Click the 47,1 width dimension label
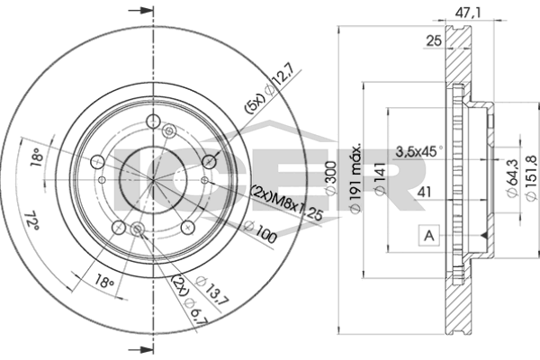(468, 13)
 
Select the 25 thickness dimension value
(434, 41)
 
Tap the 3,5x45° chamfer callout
(418, 151)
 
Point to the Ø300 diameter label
(330, 178)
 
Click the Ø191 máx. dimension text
(355, 177)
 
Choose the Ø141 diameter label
(380, 178)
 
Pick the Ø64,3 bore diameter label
(512, 178)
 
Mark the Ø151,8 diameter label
(531, 178)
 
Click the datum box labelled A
(428, 236)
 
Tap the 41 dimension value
(424, 192)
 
